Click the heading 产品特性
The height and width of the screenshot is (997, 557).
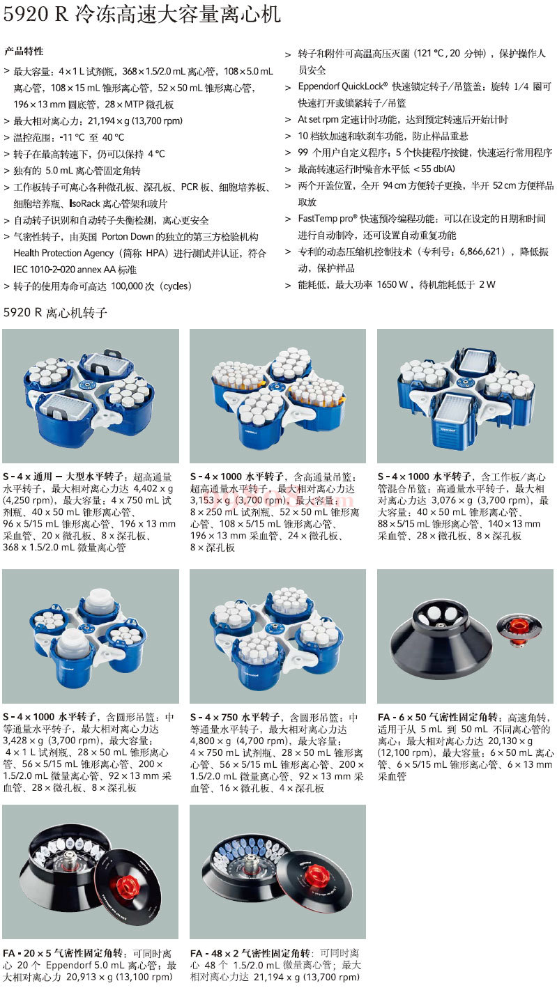coord(24,51)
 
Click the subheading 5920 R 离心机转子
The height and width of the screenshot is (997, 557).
coord(55,312)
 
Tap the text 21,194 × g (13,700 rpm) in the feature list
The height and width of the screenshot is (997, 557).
coord(135,121)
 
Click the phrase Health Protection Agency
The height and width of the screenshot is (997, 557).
coord(63,253)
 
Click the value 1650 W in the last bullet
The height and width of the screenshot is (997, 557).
coord(392,284)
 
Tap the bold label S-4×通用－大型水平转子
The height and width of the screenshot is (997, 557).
coord(63,477)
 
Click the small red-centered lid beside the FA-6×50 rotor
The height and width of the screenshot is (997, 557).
coord(519,626)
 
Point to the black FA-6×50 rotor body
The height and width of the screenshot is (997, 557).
coord(441,636)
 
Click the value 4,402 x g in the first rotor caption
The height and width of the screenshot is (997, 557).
coord(153,488)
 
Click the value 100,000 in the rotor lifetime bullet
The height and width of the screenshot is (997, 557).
coord(125,286)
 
